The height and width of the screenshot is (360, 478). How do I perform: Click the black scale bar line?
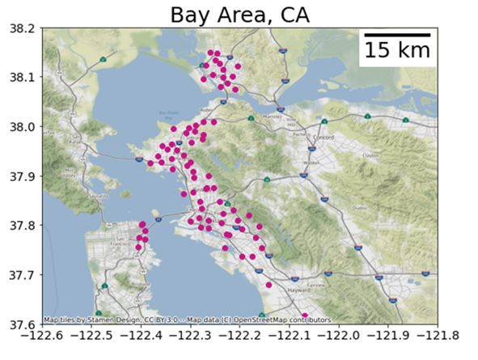point(396,36)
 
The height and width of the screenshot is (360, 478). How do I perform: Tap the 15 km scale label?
point(396,51)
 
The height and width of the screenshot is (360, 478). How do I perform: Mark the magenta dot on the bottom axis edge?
point(305,316)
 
